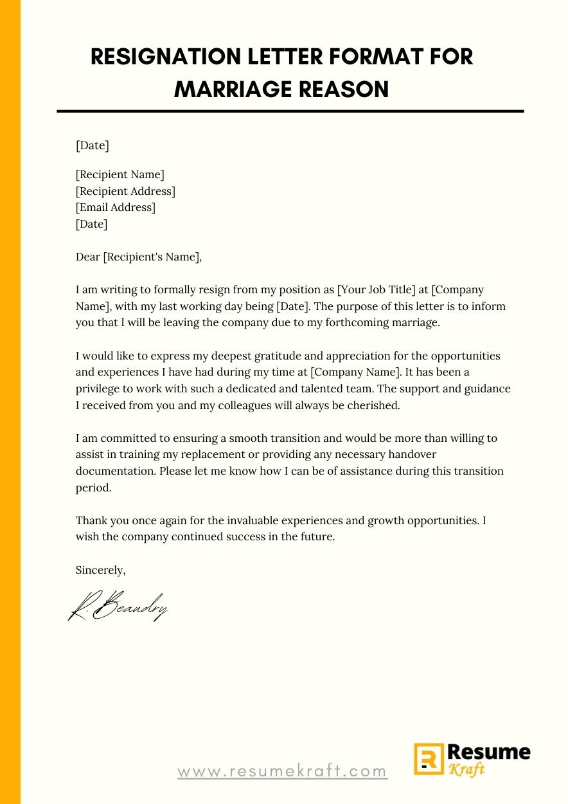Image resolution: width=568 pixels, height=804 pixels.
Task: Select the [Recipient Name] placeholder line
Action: pos(120,174)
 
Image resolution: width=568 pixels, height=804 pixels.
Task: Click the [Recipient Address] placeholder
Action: pos(125,191)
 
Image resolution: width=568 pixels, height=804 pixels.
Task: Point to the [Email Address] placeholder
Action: pos(116,207)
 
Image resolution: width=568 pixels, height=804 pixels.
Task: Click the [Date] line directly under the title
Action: pos(93,145)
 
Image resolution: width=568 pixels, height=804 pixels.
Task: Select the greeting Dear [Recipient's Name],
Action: pos(139,257)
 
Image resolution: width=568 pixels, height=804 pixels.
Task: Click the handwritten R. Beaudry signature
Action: pos(118,606)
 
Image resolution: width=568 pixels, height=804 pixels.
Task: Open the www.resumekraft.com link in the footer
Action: pos(283,771)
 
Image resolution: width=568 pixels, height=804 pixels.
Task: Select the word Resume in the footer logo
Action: pos(489,753)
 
